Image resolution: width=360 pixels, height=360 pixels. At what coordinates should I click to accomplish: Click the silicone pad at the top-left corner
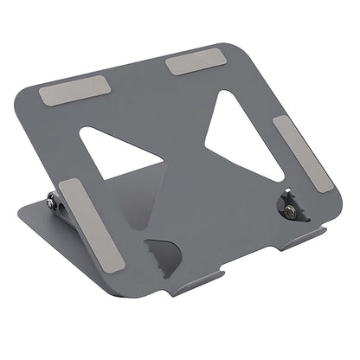(75, 91)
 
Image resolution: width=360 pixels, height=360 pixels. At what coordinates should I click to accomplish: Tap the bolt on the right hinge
(288, 205)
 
